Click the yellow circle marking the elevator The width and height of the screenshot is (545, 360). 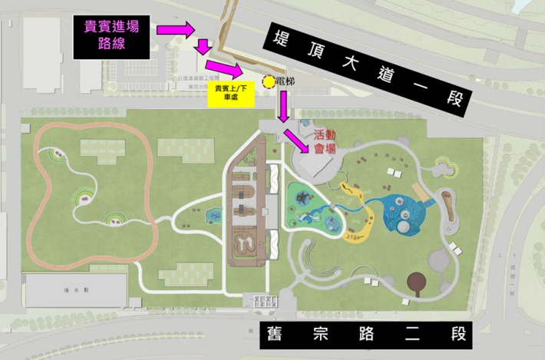(268, 81)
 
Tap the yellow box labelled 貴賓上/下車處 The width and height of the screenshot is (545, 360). (225, 94)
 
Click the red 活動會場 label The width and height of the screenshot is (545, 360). (325, 141)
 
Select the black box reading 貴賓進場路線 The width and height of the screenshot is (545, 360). (112, 36)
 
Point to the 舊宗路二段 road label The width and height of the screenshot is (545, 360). (374, 335)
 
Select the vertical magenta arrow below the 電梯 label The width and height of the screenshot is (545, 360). (283, 106)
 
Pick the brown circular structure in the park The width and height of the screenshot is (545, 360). (419, 282)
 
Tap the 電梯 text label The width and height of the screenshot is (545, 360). (285, 80)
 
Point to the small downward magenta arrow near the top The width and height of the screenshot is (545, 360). (203, 48)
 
